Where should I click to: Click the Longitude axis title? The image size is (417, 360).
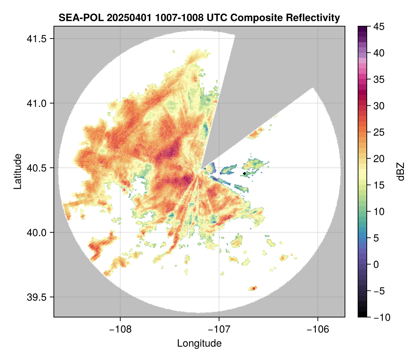pyautogui.click(x=199, y=343)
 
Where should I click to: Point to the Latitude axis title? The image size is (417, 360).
pyautogui.click(x=17, y=171)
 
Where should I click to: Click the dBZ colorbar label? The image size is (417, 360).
pyautogui.click(x=401, y=171)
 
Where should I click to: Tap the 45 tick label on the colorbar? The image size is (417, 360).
pyautogui.click(x=378, y=27)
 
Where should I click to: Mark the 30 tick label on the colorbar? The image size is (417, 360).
pyautogui.click(x=378, y=106)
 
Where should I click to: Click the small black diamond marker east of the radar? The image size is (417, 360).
pyautogui.click(x=245, y=174)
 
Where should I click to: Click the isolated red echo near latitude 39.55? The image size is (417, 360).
pyautogui.click(x=254, y=288)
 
